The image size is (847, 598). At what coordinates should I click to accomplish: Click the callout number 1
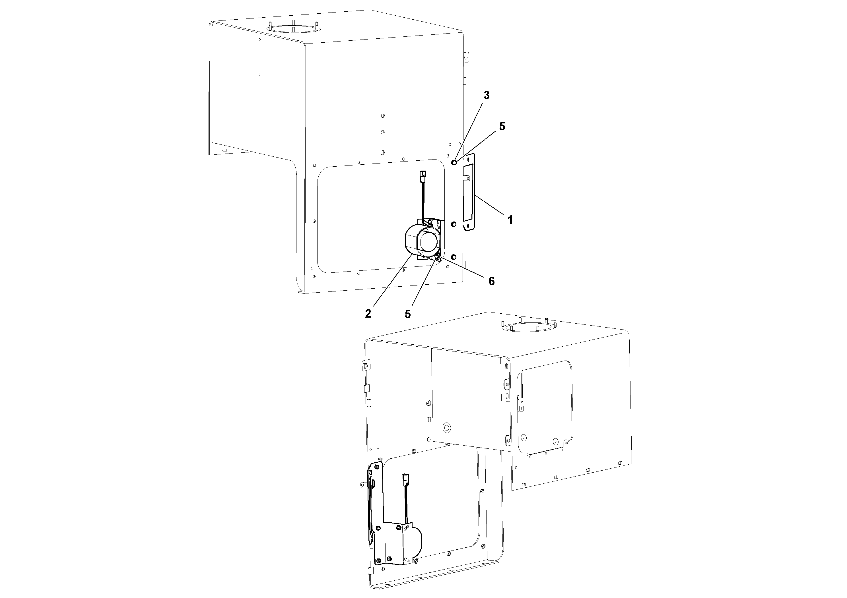(x=510, y=220)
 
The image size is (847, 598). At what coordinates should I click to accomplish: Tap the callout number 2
(x=368, y=313)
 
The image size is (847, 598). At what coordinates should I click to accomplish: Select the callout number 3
(x=487, y=95)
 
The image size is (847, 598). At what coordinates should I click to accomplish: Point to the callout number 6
(x=491, y=281)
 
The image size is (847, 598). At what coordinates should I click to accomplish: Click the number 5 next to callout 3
(x=502, y=126)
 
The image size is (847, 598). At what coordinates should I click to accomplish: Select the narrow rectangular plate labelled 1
(x=469, y=193)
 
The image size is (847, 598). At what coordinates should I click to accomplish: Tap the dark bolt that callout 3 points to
(x=454, y=163)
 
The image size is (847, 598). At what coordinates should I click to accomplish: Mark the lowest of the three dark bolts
(x=454, y=257)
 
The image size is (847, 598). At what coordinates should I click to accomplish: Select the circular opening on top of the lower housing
(x=529, y=327)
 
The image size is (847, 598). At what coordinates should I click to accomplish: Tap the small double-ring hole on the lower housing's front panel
(x=447, y=428)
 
